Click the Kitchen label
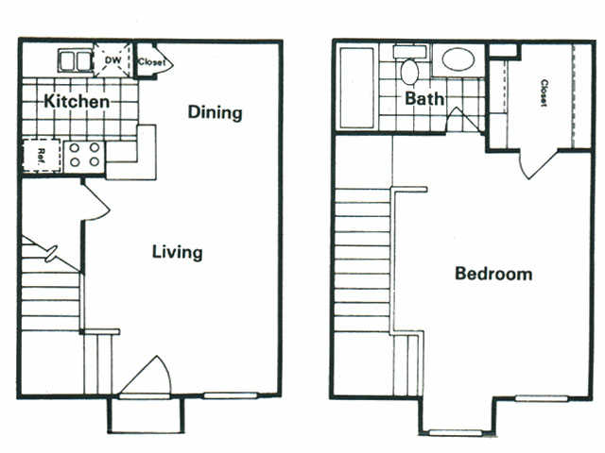77,101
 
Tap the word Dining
215,112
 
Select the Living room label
178,252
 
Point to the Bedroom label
493,274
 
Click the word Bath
425,97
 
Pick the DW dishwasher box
112,61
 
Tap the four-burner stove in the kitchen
85,155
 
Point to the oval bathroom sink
459,59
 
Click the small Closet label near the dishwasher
151,62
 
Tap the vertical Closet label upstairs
544,92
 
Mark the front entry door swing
147,377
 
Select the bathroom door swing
458,121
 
